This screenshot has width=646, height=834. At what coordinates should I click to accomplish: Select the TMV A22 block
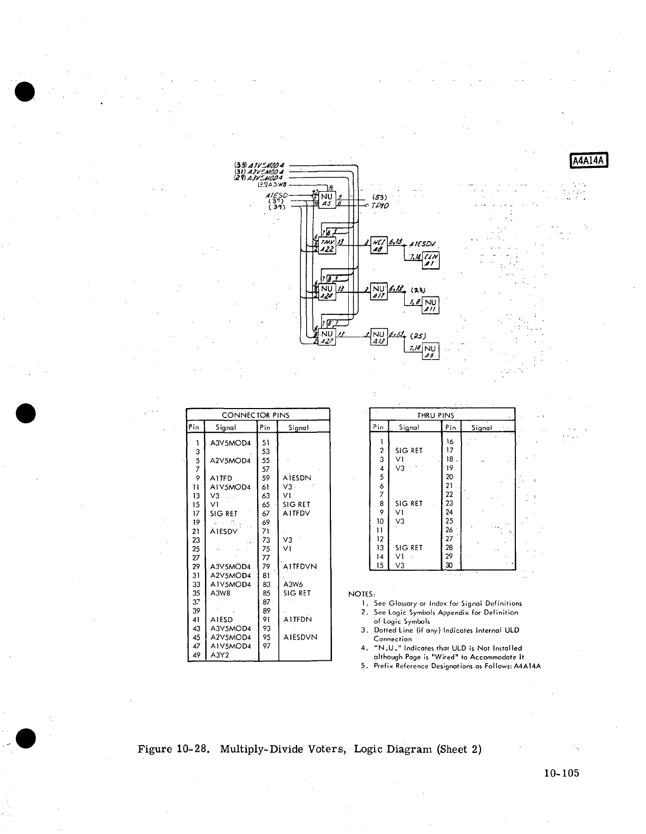tap(327, 244)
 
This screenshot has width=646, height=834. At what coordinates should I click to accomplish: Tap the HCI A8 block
tap(379, 244)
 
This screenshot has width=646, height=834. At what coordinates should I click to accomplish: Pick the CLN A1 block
tap(431, 261)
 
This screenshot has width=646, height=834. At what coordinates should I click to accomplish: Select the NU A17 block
tap(379, 292)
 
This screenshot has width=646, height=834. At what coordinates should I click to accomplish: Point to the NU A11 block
tap(430, 305)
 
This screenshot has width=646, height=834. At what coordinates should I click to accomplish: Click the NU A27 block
tap(327, 337)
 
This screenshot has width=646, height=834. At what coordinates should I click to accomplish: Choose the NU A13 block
tap(379, 337)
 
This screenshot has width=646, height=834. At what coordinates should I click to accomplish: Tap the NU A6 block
tap(430, 351)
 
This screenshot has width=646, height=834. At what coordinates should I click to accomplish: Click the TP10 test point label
tap(379, 205)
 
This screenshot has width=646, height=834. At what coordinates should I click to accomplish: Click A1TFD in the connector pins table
tap(221, 478)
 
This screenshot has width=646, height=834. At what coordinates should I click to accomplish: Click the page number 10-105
tap(561, 773)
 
